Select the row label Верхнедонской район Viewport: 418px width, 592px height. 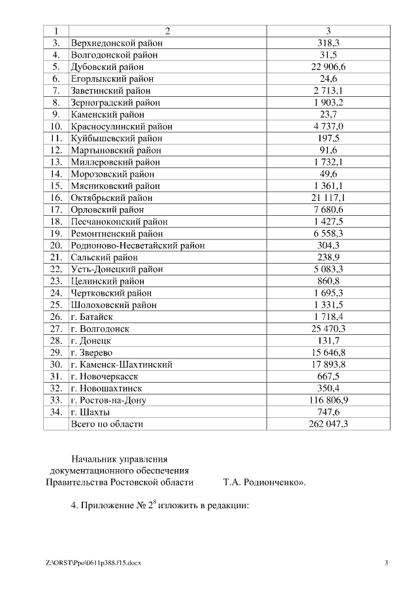117,43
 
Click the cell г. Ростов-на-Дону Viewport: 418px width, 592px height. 108,400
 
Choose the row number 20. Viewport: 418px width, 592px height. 56,245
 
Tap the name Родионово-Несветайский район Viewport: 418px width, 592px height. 138,245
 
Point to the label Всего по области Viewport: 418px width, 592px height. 106,424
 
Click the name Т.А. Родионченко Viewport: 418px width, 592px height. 261,483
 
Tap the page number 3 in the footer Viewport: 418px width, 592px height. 386,563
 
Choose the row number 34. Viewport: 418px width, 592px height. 56,412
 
